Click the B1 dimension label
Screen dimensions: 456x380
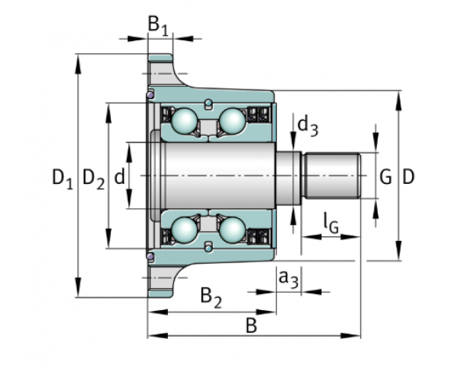pyautogui.click(x=158, y=26)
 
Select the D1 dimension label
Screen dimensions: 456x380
pyautogui.click(x=62, y=179)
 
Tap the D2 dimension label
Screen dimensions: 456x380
pyautogui.click(x=93, y=179)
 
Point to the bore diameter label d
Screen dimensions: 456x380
pyautogui.click(x=119, y=176)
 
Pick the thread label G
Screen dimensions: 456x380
pyautogui.click(x=385, y=177)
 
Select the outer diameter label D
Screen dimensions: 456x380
pyautogui.click(x=408, y=177)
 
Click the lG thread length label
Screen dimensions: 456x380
pyautogui.click(x=331, y=223)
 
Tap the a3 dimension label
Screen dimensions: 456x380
pyautogui.click(x=289, y=279)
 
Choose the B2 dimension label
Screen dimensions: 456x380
pyautogui.click(x=211, y=298)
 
